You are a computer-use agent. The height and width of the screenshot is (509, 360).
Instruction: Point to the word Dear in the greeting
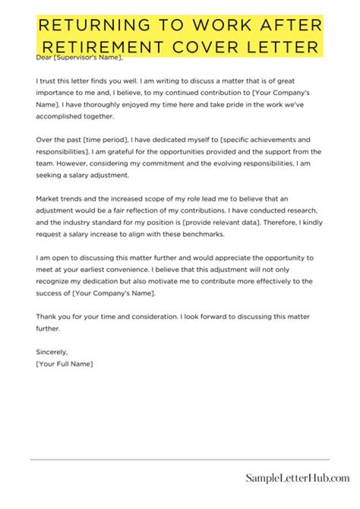[x=43, y=57]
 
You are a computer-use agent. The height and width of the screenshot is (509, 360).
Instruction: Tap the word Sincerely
[x=52, y=352]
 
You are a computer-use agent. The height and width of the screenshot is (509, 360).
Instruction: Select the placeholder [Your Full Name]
[x=64, y=364]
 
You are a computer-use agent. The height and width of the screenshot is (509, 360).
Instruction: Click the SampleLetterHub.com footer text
[x=297, y=478]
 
